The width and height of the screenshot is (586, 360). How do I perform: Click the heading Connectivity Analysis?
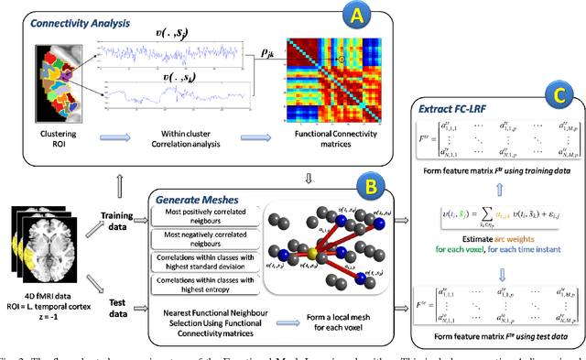click(67, 17)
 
